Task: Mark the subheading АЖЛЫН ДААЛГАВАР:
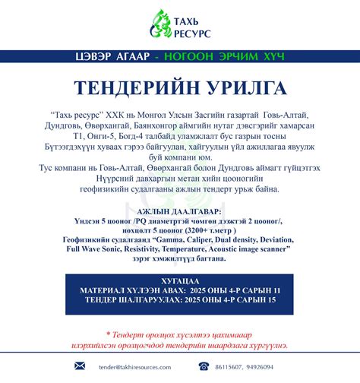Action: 179,210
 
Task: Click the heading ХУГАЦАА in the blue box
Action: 180,280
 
